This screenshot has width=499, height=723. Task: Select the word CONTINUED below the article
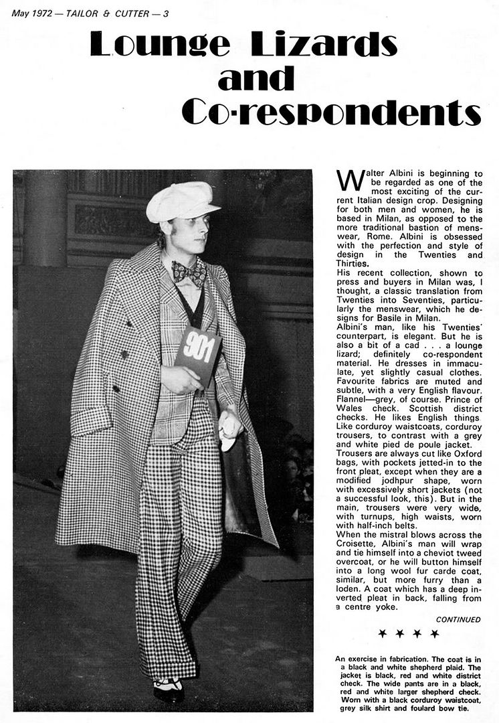point(458,620)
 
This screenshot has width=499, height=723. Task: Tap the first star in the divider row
point(382,633)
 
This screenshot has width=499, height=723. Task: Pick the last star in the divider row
point(435,633)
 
